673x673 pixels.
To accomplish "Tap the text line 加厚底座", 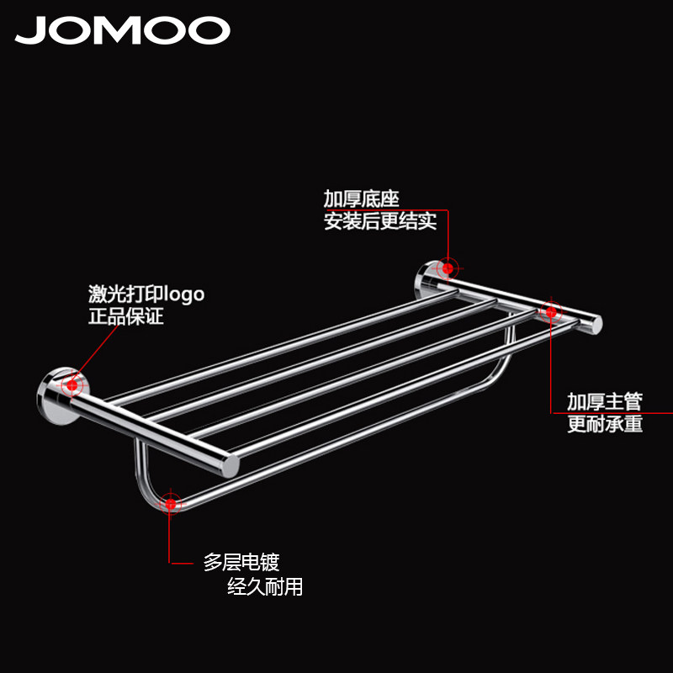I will [361, 199].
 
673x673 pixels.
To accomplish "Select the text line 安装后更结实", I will [380, 222].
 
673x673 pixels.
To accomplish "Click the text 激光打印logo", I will [146, 294].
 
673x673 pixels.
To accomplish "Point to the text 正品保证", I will [125, 317].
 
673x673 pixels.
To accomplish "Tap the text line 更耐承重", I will [605, 424].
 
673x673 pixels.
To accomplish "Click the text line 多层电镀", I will [241, 562].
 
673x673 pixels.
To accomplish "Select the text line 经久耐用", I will [265, 586].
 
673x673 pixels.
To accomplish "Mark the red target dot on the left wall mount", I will [72, 385].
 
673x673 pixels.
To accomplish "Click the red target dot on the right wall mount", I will [448, 269].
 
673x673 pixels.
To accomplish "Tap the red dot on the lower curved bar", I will [172, 504].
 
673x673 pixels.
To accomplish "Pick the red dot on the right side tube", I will [551, 312].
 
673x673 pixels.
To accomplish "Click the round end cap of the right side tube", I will [596, 323].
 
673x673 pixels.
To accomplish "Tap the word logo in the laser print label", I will [184, 295].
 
